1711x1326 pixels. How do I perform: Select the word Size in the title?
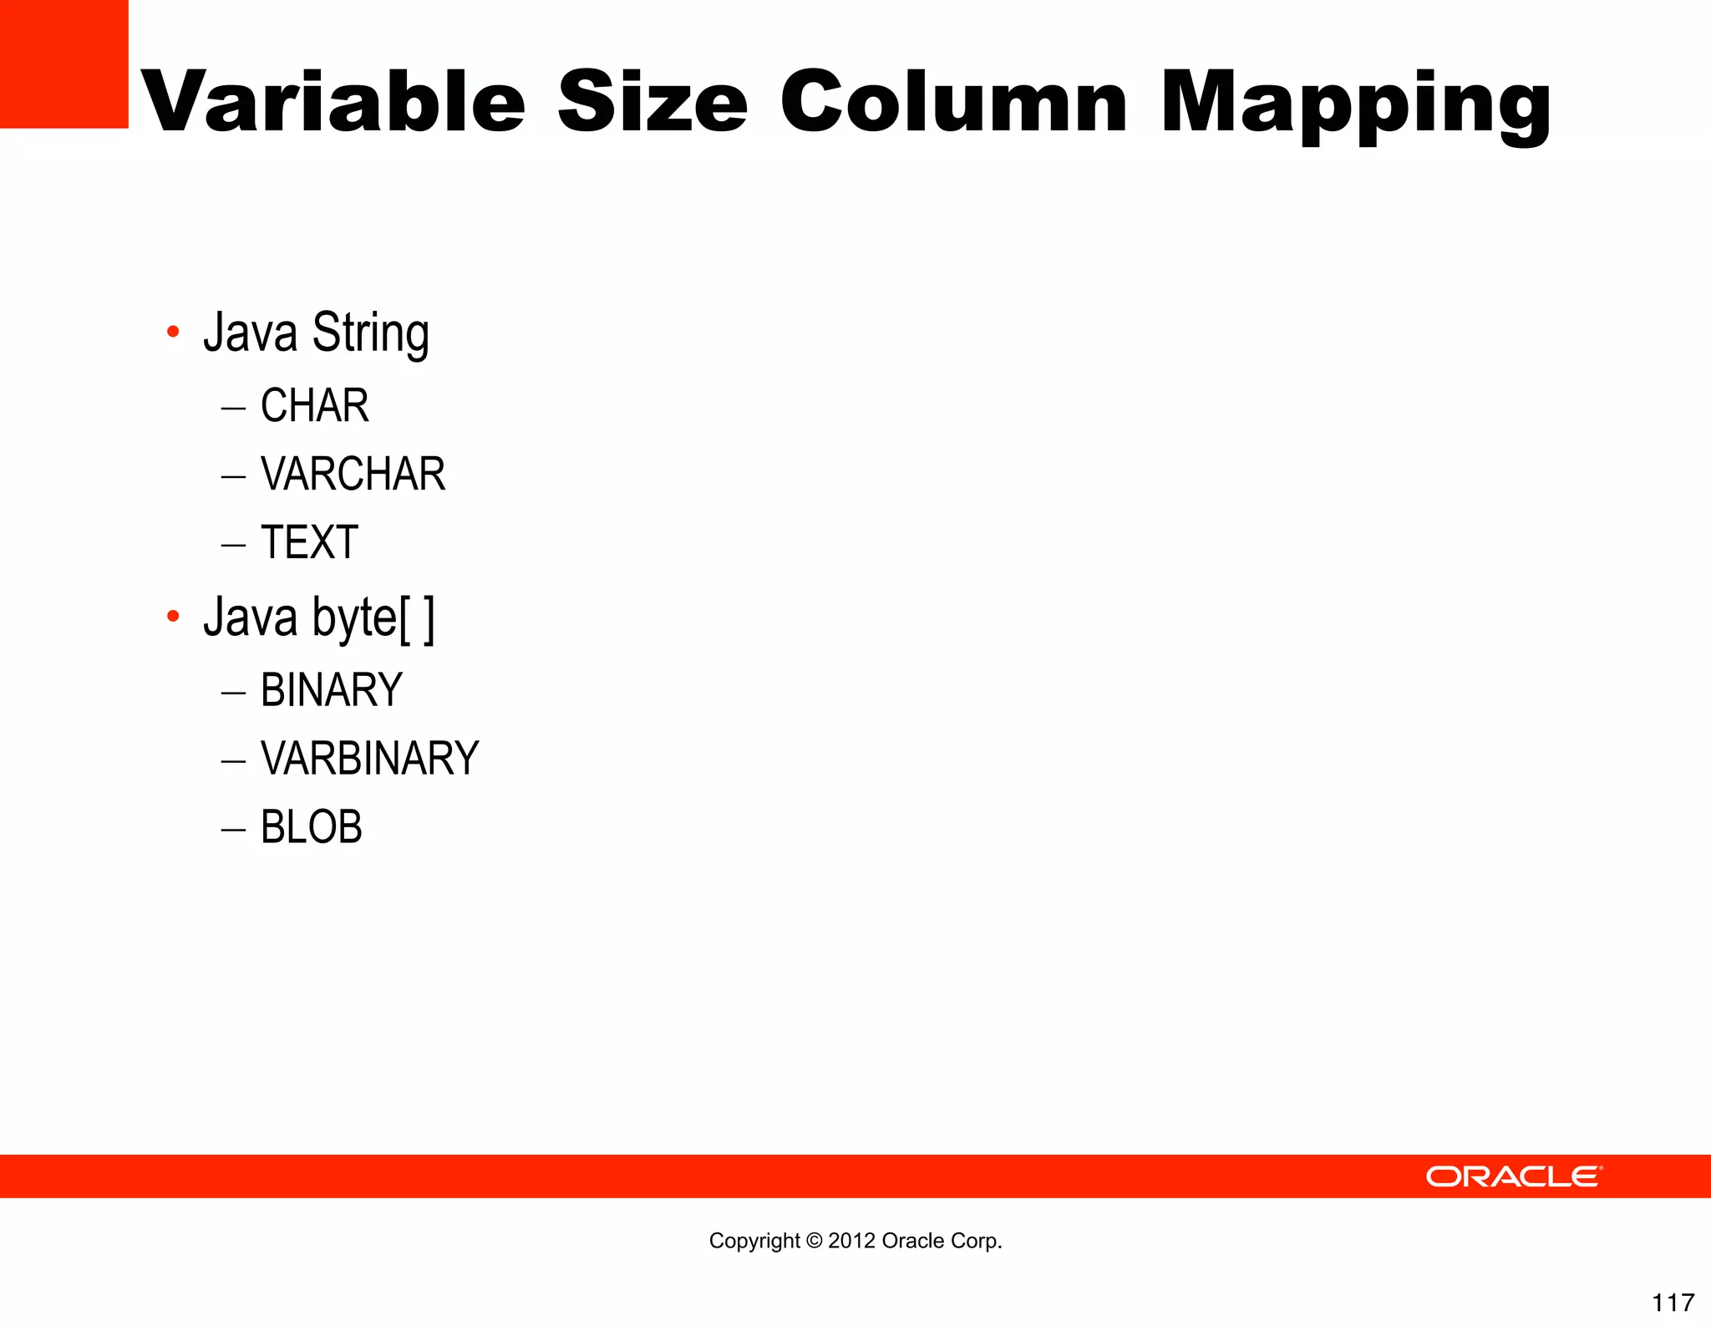click(652, 102)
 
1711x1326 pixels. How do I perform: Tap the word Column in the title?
click(955, 102)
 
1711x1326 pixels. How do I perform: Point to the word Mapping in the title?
click(1355, 105)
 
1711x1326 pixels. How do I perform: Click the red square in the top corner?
click(63, 64)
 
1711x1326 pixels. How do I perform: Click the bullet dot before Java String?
click(173, 332)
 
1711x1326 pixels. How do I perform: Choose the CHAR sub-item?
click(314, 406)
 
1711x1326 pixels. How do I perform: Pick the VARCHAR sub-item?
click(353, 475)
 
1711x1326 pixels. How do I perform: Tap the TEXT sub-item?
click(309, 542)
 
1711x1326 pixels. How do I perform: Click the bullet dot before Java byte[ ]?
click(173, 617)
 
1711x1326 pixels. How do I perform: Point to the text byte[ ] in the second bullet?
click(373, 618)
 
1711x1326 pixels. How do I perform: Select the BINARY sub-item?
click(331, 690)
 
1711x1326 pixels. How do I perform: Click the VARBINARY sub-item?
click(369, 759)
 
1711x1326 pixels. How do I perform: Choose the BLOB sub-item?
click(311, 827)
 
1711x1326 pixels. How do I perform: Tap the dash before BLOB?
click(233, 830)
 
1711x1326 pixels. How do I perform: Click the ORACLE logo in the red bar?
click(1513, 1176)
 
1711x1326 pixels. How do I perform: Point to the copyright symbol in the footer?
click(813, 1241)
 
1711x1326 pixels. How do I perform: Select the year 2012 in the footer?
click(851, 1241)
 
